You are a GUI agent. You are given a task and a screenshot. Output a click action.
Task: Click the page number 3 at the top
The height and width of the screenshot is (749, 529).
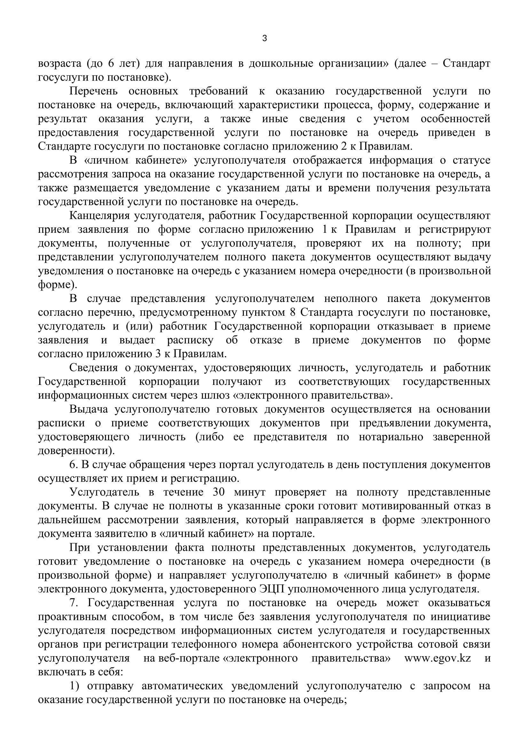pyautogui.click(x=264, y=38)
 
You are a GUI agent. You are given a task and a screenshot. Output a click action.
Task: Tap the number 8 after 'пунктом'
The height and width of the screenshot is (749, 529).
pyautogui.click(x=292, y=312)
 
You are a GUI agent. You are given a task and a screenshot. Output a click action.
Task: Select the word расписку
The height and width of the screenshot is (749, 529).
pyautogui.click(x=190, y=340)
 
